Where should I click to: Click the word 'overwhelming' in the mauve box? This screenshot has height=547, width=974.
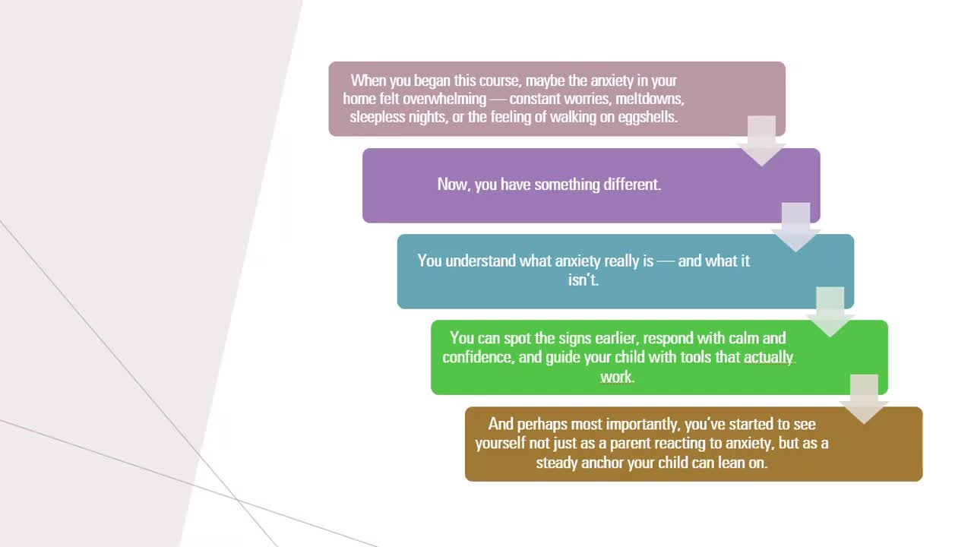tap(444, 99)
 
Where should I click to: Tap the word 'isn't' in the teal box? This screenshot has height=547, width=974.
tap(582, 280)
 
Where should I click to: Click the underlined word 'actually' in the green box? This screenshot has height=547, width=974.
tap(768, 358)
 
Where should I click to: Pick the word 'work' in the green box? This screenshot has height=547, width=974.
tap(616, 377)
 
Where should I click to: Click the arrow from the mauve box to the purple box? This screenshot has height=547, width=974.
tap(761, 141)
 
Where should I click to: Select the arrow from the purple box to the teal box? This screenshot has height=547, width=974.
tap(795, 227)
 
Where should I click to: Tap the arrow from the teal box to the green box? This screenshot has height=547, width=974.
tap(830, 312)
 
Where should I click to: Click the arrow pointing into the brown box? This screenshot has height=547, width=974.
tap(864, 399)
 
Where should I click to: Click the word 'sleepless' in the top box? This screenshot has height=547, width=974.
tap(378, 118)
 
